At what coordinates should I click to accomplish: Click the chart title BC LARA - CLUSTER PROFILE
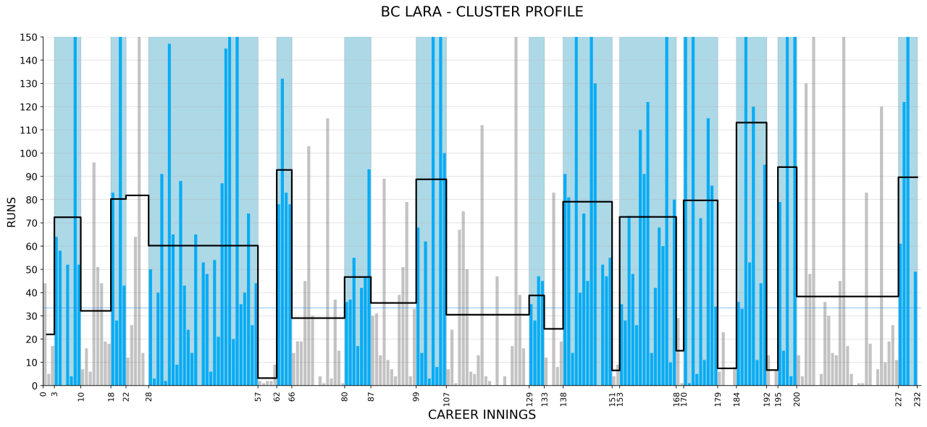(482, 12)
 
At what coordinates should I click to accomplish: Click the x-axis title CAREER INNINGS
(482, 415)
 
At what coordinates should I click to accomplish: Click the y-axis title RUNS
(12, 212)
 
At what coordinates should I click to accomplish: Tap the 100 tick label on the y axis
(28, 153)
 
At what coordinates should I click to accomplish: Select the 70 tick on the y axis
(31, 223)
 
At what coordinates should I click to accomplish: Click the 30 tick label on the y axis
(31, 316)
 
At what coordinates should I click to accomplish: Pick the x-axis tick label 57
(259, 397)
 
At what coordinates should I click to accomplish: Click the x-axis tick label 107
(447, 399)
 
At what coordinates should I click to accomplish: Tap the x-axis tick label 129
(529, 399)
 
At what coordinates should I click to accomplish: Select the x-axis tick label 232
(918, 399)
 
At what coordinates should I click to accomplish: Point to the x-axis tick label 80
(345, 397)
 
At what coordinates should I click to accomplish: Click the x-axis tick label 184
(737, 399)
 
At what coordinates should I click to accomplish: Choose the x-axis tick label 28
(149, 397)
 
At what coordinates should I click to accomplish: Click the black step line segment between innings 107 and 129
(487, 315)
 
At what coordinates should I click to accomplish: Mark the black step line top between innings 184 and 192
(751, 123)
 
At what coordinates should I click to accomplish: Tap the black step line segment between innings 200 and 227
(847, 296)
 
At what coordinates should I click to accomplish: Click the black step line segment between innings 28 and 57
(203, 246)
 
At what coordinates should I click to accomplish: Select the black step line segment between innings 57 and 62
(267, 378)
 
